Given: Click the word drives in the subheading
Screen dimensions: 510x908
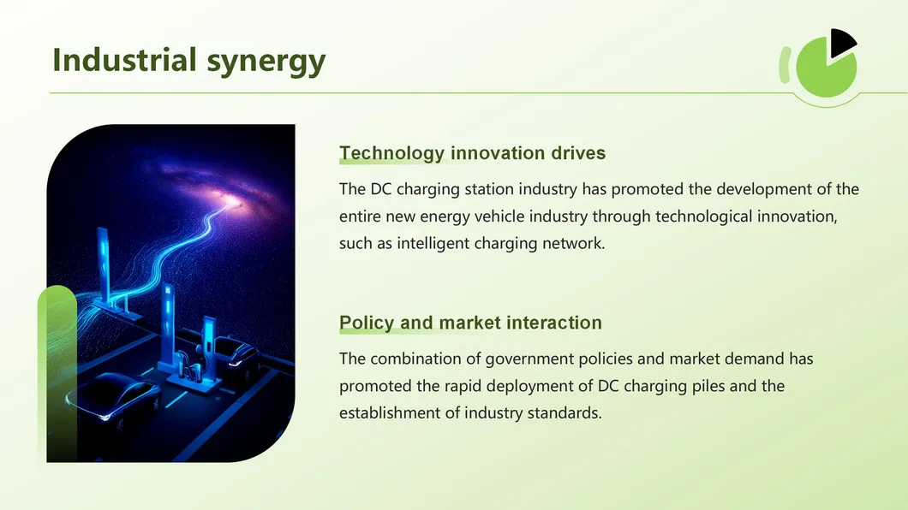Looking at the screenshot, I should tap(577, 154).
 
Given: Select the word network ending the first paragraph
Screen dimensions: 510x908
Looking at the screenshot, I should tap(573, 244).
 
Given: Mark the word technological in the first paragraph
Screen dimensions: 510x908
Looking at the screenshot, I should tap(703, 216).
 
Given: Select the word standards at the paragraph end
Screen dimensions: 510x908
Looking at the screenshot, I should tap(559, 413).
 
